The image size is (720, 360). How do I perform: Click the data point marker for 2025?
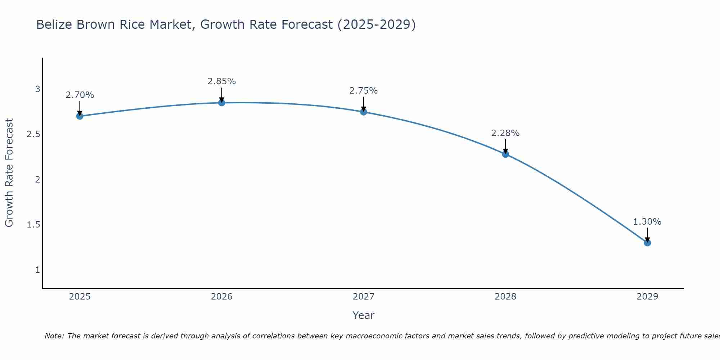pyautogui.click(x=80, y=116)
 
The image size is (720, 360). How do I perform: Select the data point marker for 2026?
pyautogui.click(x=221, y=103)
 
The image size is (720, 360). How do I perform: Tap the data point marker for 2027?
pyautogui.click(x=363, y=112)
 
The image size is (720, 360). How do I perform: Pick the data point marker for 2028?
pyautogui.click(x=505, y=154)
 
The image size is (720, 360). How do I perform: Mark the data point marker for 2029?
pyautogui.click(x=647, y=243)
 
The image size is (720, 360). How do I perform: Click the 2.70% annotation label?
pyautogui.click(x=80, y=95)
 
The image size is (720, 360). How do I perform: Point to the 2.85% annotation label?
pyautogui.click(x=221, y=81)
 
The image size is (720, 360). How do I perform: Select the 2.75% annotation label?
pyautogui.click(x=363, y=91)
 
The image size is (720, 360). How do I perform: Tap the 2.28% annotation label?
pyautogui.click(x=505, y=133)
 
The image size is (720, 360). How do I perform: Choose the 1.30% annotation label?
pyautogui.click(x=647, y=222)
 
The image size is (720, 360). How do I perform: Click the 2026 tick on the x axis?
pyautogui.click(x=221, y=297)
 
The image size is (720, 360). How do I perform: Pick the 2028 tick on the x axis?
pyautogui.click(x=505, y=297)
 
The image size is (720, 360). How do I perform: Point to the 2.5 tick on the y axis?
pyautogui.click(x=33, y=134)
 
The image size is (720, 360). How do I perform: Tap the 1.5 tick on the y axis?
pyautogui.click(x=33, y=225)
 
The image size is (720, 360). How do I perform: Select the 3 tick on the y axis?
pyautogui.click(x=37, y=89)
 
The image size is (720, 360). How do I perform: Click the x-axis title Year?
pyautogui.click(x=363, y=315)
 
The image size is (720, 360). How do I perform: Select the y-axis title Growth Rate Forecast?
pyautogui.click(x=9, y=173)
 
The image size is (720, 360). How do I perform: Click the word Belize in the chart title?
pyautogui.click(x=55, y=24)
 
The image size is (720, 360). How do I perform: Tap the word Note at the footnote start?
pyautogui.click(x=54, y=336)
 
